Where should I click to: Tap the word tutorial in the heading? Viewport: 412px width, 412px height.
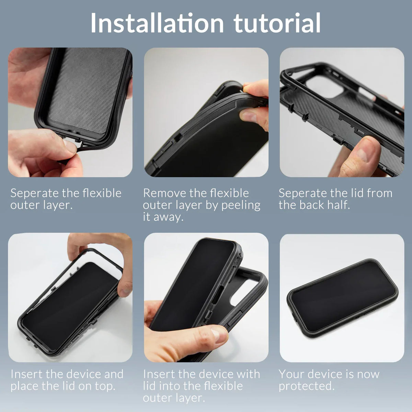[x=277, y=23]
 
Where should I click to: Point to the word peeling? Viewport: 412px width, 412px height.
[x=241, y=205]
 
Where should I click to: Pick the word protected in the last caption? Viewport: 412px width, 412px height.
[x=306, y=386]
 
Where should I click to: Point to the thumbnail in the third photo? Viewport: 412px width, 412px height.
[x=360, y=154]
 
